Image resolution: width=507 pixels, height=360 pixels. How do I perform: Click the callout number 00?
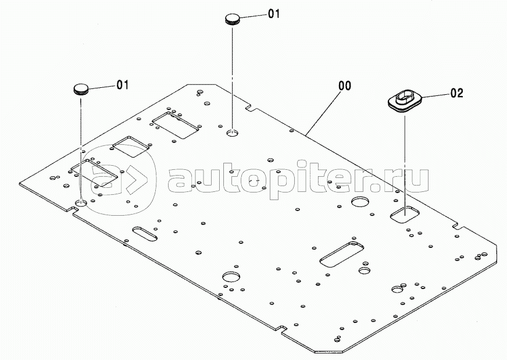point(345,85)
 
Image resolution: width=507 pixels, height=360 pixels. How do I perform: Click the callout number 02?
point(456,93)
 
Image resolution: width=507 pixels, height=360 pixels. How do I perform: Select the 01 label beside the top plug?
point(273,13)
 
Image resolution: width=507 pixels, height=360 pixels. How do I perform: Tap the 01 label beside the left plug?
point(123,85)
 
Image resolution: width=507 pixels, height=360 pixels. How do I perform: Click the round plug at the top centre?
point(233,19)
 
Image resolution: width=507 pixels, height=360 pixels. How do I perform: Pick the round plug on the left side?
point(80,89)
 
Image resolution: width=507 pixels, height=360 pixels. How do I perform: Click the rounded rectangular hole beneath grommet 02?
point(405,214)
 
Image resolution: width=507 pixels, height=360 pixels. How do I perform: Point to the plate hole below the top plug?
point(233,132)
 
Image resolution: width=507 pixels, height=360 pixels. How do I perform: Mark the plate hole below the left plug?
point(81,203)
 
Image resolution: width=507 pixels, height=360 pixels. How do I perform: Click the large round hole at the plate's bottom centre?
point(231,277)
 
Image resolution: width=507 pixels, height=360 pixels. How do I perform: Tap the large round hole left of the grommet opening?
point(360,202)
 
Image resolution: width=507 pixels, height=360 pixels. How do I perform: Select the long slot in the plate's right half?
point(341,254)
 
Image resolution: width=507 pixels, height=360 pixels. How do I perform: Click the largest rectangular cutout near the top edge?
point(175,126)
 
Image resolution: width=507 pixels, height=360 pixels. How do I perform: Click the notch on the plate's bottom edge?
point(281,328)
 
